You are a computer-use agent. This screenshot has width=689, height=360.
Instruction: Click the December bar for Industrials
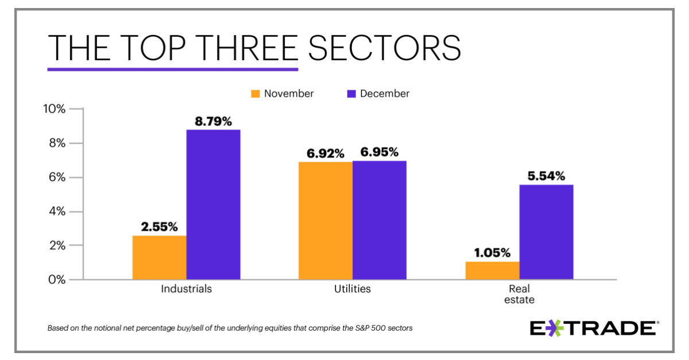click(213, 204)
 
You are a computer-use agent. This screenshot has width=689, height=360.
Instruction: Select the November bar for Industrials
click(159, 257)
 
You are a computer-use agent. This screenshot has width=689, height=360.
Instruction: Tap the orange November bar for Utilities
click(325, 220)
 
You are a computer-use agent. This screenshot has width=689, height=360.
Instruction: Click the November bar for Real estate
click(492, 270)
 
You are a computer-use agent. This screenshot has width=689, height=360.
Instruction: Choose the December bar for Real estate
click(546, 232)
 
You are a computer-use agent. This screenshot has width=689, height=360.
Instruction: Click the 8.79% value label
click(213, 121)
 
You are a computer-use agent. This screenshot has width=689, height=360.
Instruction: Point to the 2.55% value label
click(159, 227)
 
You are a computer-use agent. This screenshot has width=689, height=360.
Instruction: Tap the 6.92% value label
click(325, 153)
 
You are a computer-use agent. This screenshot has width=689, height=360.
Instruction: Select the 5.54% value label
click(546, 176)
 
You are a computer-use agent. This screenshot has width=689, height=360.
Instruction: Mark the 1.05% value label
click(492, 253)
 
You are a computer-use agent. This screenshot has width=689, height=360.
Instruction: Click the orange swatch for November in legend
click(255, 94)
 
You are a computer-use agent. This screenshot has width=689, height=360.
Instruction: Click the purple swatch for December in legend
click(351, 94)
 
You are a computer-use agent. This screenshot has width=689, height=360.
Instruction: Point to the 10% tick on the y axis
click(55, 109)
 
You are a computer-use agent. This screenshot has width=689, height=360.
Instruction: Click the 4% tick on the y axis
click(57, 211)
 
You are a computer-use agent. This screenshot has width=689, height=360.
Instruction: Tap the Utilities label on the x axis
click(352, 289)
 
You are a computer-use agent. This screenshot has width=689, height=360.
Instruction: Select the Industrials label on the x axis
click(186, 289)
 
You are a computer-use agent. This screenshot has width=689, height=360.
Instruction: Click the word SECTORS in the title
click(384, 48)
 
